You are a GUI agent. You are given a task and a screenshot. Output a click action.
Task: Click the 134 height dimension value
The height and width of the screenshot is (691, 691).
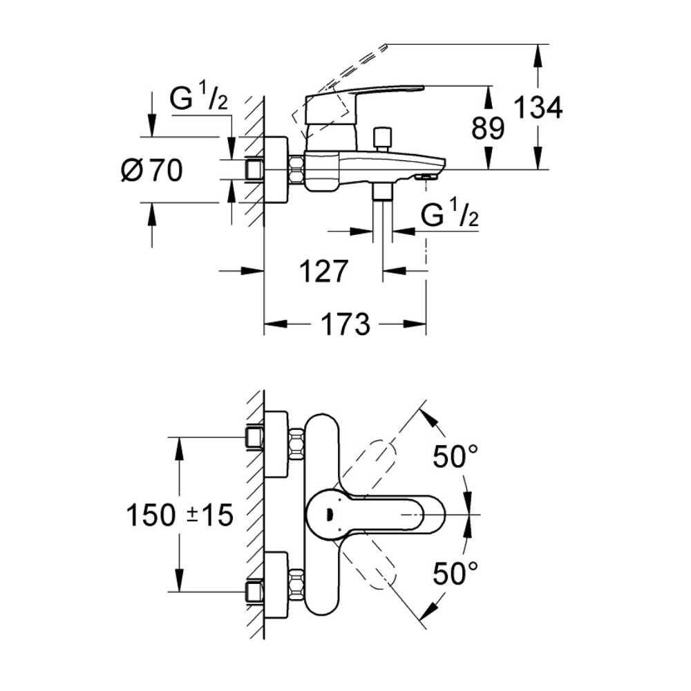pos(538,108)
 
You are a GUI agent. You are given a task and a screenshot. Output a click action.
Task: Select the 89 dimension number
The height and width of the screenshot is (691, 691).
pos(488,129)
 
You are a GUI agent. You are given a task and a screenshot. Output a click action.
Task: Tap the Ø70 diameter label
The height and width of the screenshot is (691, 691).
pos(151,170)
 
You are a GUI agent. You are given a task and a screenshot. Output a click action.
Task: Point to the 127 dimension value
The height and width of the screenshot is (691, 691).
pos(323,272)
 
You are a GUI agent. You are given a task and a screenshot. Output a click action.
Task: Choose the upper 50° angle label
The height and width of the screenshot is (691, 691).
pos(455,456)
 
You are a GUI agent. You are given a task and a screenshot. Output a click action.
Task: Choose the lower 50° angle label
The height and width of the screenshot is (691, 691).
pos(455,573)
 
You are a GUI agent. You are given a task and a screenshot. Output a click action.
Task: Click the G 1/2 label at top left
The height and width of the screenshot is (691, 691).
pos(198,101)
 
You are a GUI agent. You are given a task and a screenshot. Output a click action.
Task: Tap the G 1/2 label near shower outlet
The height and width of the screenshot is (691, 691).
pos(450,215)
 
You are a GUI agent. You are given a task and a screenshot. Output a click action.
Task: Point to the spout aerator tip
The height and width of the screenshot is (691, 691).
pos(426,178)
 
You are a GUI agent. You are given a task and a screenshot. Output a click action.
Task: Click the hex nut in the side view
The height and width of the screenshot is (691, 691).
pos(297,170)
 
